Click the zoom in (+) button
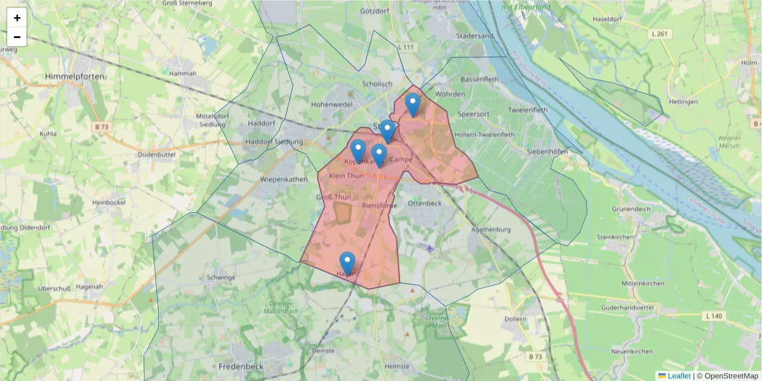[17, 18]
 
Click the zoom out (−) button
[17, 37]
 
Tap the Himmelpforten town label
[75, 76]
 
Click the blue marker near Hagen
[347, 263]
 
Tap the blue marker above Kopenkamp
[358, 151]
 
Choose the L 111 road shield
[406, 48]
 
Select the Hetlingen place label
[683, 102]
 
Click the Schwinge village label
[221, 277]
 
